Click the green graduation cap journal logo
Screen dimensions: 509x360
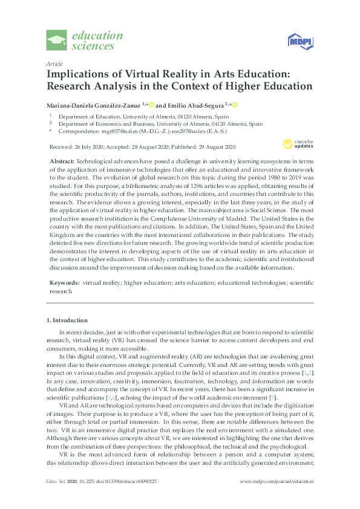point(57,41)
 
